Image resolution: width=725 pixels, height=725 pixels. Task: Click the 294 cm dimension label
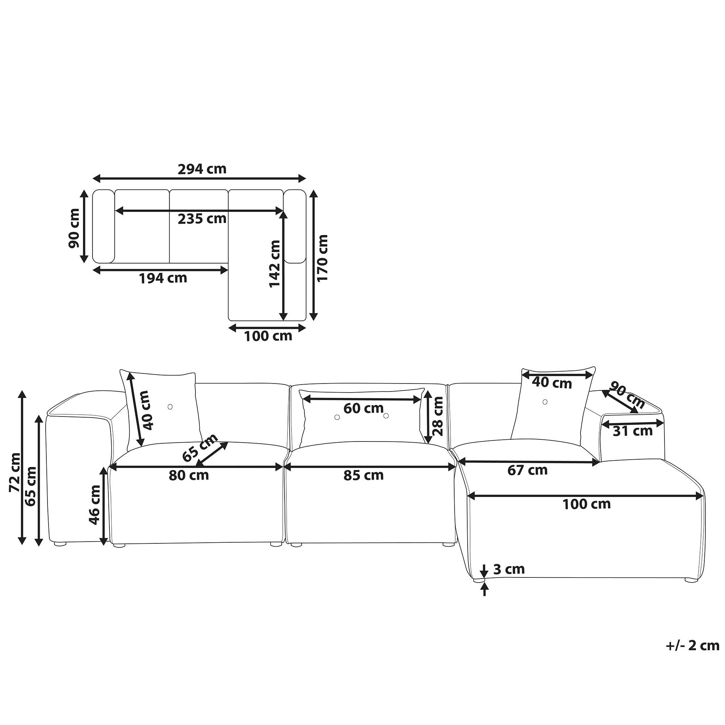tap(202, 169)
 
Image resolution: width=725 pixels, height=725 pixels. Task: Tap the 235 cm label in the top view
tap(202, 218)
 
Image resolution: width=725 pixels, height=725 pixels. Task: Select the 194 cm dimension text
tap(163, 278)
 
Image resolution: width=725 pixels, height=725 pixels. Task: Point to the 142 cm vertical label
tap(275, 264)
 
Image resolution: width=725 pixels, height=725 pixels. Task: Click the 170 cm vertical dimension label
tap(323, 257)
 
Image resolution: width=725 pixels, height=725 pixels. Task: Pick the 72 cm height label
tap(15, 472)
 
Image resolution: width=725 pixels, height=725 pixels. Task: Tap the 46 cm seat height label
tap(95, 505)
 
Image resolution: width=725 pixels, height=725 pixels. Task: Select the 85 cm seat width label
tap(363, 476)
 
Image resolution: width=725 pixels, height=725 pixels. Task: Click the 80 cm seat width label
tap(189, 476)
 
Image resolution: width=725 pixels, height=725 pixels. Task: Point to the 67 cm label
tap(527, 470)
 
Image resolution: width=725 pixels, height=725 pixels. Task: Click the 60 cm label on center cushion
tap(363, 408)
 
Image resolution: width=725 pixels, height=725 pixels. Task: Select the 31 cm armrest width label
tap(632, 431)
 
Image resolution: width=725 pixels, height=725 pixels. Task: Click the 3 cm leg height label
tap(509, 569)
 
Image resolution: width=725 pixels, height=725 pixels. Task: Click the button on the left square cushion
tap(170, 407)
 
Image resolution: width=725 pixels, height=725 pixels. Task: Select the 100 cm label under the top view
tap(268, 336)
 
